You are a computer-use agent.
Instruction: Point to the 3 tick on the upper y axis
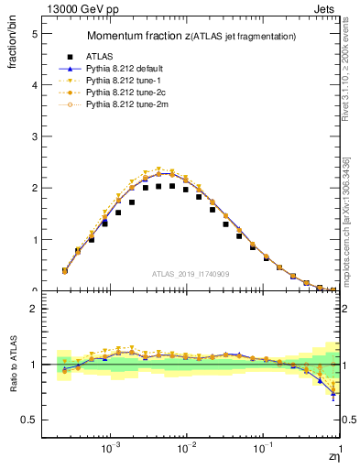point(34,136)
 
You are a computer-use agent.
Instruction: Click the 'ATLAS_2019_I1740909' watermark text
point(191,275)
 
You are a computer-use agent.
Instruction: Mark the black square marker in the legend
point(65,56)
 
